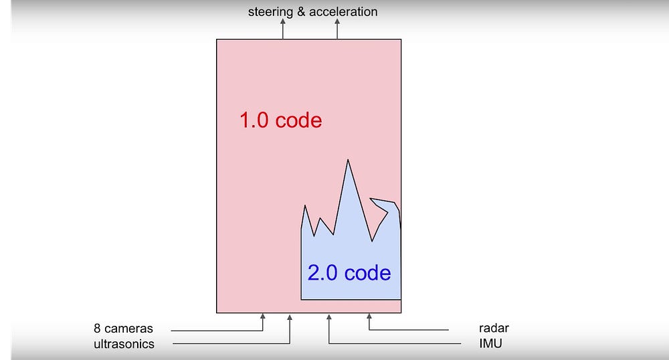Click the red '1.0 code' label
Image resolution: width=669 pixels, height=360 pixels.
point(280,120)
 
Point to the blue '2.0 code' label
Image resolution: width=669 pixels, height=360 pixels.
point(349,273)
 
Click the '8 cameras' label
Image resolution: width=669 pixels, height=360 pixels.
point(123,329)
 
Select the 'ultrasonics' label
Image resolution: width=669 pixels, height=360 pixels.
point(124,344)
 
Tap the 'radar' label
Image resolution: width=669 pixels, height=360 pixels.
point(494,329)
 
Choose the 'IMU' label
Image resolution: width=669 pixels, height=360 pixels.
point(490,344)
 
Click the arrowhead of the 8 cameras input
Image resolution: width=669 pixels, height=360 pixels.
point(262,317)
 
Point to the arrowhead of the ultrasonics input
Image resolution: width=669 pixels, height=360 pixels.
point(289,317)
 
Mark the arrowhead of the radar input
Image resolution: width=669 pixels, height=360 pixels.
point(369,317)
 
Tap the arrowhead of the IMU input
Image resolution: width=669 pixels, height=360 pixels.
point(328,317)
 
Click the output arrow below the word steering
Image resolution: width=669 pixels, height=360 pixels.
point(282,24)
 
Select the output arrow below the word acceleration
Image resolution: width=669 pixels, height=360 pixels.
point(337,24)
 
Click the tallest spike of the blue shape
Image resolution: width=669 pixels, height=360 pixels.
point(347,162)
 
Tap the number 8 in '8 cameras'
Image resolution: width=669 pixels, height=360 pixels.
point(98,329)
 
